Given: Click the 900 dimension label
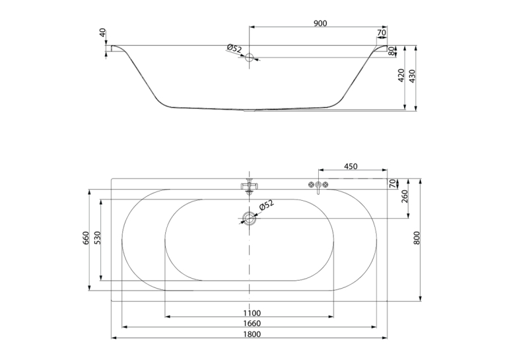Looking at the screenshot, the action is [320, 23].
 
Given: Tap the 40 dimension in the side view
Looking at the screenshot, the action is [103, 32].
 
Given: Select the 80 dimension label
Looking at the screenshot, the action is [391, 51].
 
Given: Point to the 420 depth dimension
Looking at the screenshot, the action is [401, 75].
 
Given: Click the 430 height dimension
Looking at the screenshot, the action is [412, 76].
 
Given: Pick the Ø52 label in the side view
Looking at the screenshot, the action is [234, 49].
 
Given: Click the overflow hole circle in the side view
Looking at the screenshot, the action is [250, 57].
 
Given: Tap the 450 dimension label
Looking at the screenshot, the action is [351, 166].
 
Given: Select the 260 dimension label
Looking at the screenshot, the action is [405, 196].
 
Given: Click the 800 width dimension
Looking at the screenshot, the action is [417, 238].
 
